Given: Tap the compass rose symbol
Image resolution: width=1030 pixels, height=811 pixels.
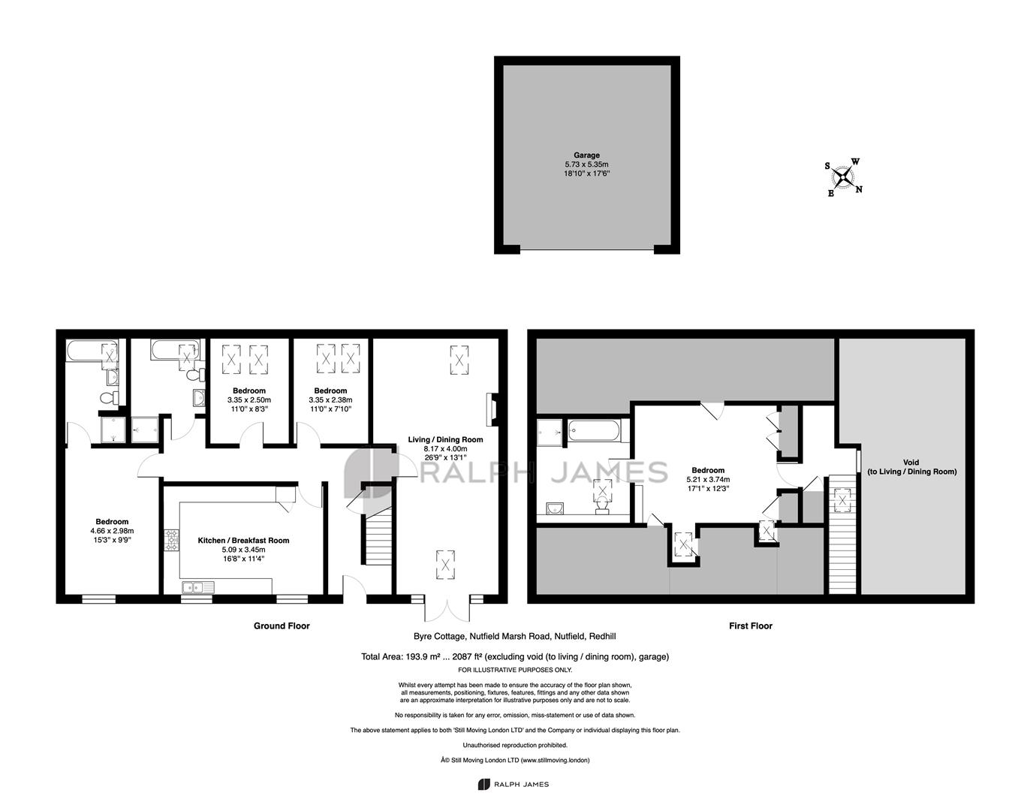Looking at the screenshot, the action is (843, 178).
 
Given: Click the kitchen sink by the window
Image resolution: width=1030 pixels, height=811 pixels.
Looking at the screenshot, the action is (198, 586).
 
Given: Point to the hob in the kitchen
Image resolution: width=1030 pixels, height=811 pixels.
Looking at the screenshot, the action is (172, 540).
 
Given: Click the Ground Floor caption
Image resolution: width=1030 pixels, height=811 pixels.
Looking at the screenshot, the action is (282, 626).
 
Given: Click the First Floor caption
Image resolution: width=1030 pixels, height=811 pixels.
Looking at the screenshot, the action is (751, 626).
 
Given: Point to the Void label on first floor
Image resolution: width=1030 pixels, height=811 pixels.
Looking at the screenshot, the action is (912, 467).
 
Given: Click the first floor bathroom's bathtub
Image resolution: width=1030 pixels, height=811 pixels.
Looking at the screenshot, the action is (594, 431).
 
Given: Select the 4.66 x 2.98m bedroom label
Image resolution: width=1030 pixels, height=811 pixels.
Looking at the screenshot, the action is (112, 530).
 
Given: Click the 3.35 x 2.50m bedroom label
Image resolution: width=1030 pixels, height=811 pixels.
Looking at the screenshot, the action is (249, 399).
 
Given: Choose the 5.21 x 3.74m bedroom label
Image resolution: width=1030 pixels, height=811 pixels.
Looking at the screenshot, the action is (708, 479).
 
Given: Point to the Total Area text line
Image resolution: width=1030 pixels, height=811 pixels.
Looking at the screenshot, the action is (515, 657).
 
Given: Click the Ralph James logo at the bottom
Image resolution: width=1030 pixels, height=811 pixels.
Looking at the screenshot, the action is (513, 784).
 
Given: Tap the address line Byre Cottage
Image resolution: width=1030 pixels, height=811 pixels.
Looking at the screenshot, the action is (514, 636).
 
